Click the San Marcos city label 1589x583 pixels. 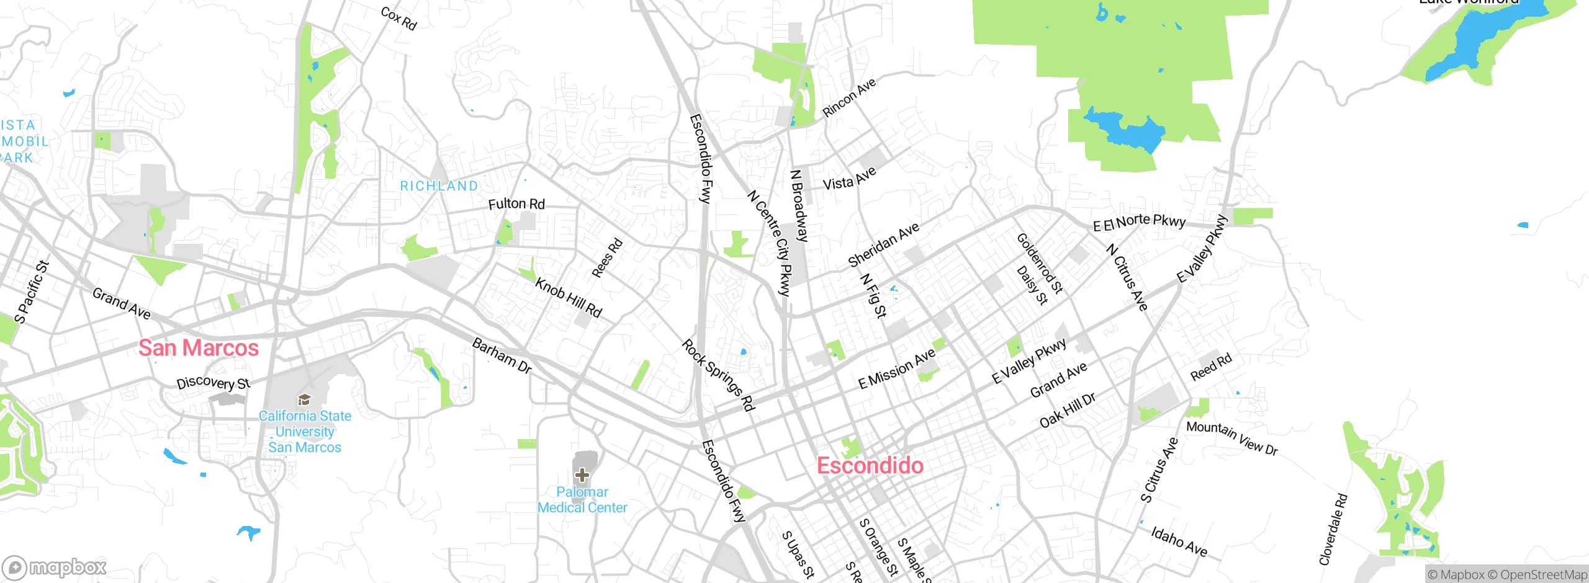point(199,348)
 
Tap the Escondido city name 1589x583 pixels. point(870,466)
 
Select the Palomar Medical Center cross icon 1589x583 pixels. point(582,476)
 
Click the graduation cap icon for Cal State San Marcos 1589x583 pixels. point(304,399)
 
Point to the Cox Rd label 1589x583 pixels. point(398,19)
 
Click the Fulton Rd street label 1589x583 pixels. point(516,204)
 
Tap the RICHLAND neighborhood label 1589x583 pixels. point(439,186)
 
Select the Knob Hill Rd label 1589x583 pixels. point(568,298)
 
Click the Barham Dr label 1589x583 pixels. point(502,356)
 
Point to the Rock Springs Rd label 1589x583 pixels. point(718,375)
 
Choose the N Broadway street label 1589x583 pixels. point(799,205)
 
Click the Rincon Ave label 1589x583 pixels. point(849,97)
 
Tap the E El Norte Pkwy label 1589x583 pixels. point(1139,222)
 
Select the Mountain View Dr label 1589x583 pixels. point(1231,437)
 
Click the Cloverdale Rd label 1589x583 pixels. point(1333,529)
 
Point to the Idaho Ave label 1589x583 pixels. point(1179,541)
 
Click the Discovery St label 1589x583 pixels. point(214,383)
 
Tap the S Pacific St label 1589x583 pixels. point(31,292)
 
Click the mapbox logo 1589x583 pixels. point(55,567)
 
